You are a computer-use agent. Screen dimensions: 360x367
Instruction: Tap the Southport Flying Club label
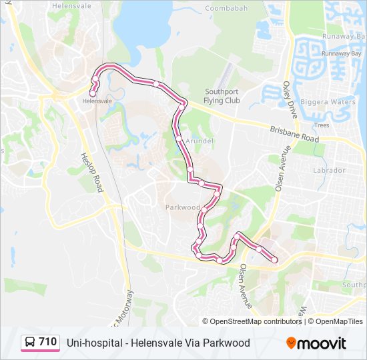[222, 96]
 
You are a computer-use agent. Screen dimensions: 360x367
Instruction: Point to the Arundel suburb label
[200, 141]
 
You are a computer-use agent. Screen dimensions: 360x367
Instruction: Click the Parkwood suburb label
[183, 207]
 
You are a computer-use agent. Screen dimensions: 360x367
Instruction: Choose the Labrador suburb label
[329, 170]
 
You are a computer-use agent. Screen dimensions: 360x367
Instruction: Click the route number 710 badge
[47, 342]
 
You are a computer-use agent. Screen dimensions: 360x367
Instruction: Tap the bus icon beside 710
[31, 343]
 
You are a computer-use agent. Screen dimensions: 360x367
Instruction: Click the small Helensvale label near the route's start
[97, 101]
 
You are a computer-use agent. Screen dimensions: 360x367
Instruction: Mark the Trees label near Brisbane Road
[322, 125]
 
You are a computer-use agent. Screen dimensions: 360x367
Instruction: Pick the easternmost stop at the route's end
[274, 260]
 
